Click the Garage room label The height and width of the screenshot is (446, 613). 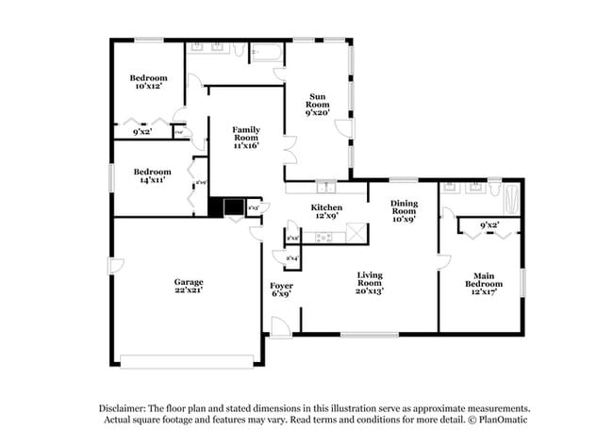(188, 286)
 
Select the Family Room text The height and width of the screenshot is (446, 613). (246, 138)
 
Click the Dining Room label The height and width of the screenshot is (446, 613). (405, 209)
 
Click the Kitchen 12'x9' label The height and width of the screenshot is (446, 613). (326, 212)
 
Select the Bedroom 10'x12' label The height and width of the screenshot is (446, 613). (148, 82)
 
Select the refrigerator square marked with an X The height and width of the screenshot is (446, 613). (356, 230)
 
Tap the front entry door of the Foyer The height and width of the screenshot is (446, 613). (279, 325)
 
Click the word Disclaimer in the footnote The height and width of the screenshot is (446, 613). (125, 407)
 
